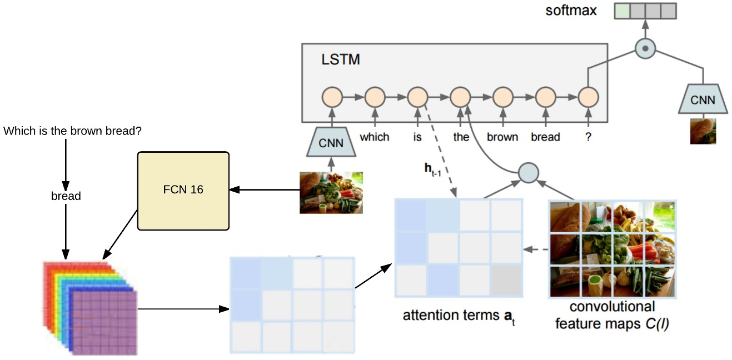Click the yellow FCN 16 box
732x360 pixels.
coord(183,190)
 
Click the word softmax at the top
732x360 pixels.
coord(571,10)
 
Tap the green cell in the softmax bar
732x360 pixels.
coord(622,11)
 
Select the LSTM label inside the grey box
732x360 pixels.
coord(340,59)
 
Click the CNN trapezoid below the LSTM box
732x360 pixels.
coord(331,143)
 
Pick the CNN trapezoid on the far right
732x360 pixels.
coord(703,101)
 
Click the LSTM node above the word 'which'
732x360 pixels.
coord(374,98)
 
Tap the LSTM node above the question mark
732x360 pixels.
coord(588,98)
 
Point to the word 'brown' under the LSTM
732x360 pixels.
coord(502,137)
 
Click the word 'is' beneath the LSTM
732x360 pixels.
coord(417,137)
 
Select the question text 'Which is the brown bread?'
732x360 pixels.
coord(72,131)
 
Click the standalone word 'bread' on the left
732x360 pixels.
coord(66,196)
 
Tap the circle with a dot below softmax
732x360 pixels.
coord(645,49)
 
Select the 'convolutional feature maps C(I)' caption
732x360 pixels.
coord(612,315)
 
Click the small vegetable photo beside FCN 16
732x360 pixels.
coord(331,192)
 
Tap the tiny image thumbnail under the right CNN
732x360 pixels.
coord(703,131)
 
